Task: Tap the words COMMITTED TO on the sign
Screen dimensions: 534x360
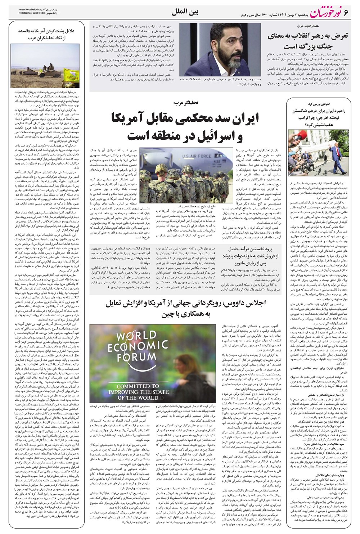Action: (x=138, y=386)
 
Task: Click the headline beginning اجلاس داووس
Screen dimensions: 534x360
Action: (x=185, y=308)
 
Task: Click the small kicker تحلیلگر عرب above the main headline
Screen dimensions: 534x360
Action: (x=185, y=103)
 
